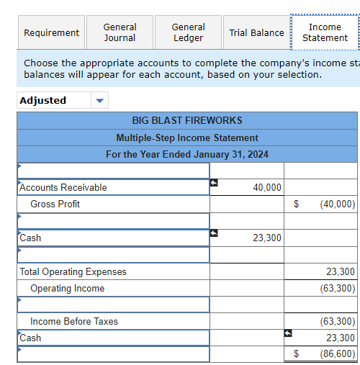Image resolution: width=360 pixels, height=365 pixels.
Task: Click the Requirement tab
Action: pyautogui.click(x=51, y=32)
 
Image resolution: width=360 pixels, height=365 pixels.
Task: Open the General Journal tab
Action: pyautogui.click(x=120, y=32)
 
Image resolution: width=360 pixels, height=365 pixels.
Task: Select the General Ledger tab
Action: pyautogui.click(x=188, y=32)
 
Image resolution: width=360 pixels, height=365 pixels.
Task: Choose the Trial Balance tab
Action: pyautogui.click(x=256, y=32)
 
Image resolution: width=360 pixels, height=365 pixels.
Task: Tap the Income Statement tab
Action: pyautogui.click(x=325, y=32)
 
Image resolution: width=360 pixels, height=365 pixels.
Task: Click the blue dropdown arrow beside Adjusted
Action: pyautogui.click(x=100, y=101)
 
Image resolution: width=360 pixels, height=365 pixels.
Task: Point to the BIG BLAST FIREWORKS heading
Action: pyautogui.click(x=187, y=120)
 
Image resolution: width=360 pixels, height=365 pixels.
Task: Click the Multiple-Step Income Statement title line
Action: pyautogui.click(x=187, y=138)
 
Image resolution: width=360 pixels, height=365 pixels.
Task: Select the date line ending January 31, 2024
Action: pyautogui.click(x=187, y=154)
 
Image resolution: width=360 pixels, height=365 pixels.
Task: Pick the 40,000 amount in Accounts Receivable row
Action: pyautogui.click(x=267, y=187)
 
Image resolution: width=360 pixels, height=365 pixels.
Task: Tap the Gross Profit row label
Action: pyautogui.click(x=55, y=204)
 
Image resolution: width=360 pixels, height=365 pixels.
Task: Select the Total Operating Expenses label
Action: pyautogui.click(x=73, y=271)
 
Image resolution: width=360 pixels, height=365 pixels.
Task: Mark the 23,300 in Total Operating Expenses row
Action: pyautogui.click(x=340, y=271)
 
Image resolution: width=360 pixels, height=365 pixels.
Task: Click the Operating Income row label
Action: pyautogui.click(x=67, y=288)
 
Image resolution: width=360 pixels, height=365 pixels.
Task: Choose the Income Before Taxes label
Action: pyautogui.click(x=74, y=321)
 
